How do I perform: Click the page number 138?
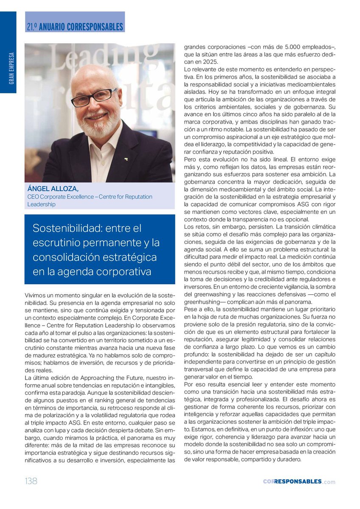[x=31, y=481]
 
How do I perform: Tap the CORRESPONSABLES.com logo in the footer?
[x=299, y=481]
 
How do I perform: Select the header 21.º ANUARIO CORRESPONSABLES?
[x=75, y=27]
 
